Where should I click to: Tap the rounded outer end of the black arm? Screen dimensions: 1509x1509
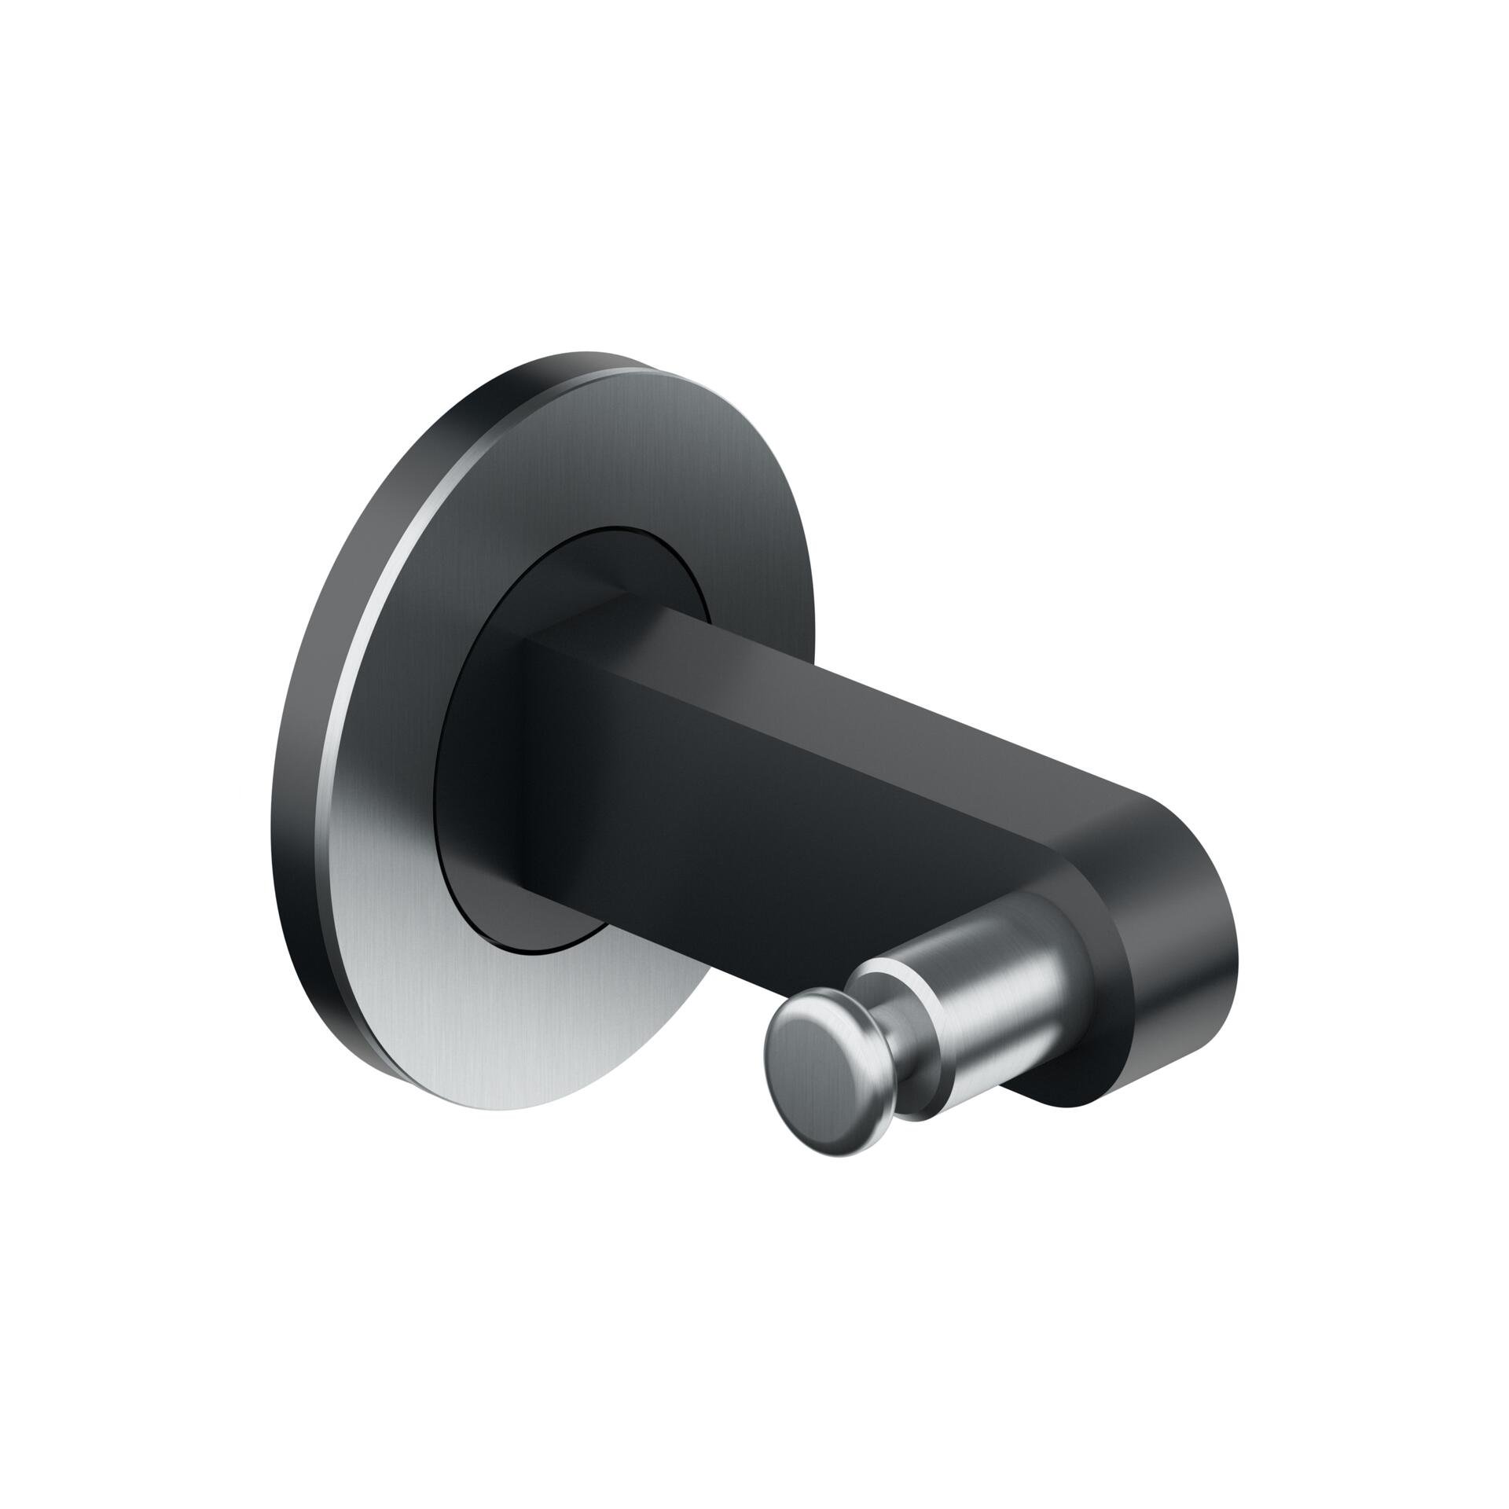coord(1195,943)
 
